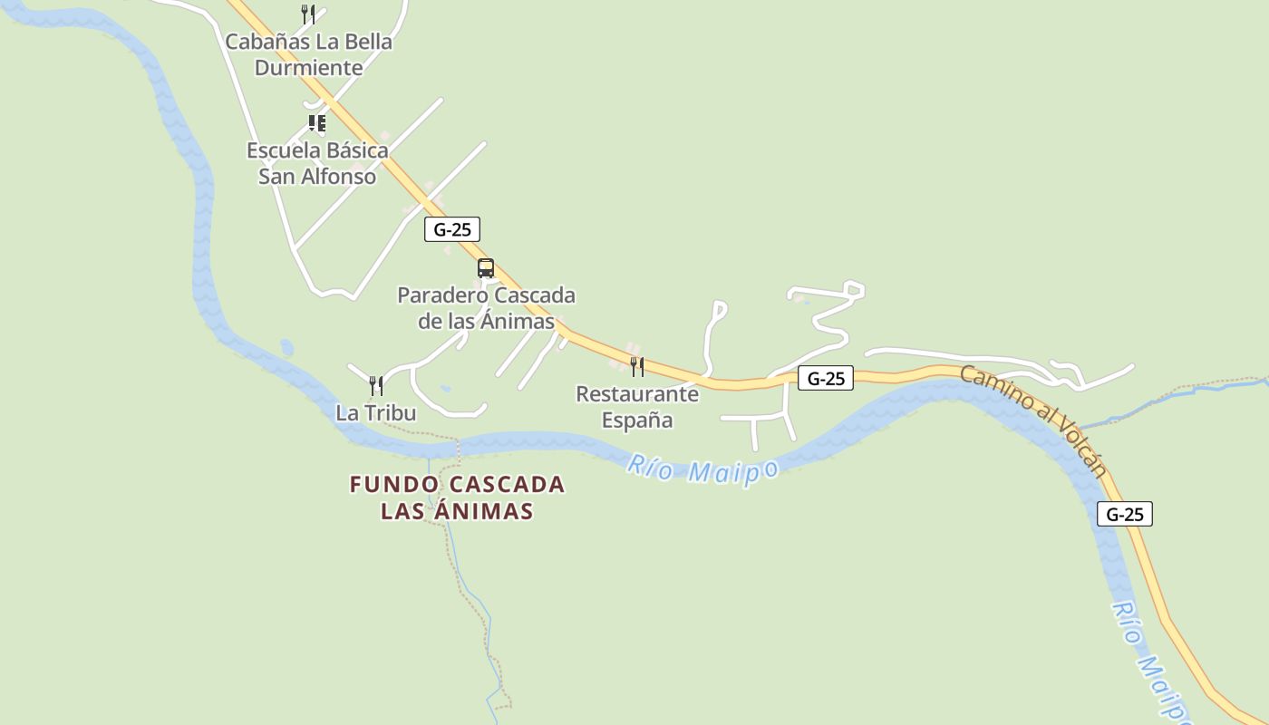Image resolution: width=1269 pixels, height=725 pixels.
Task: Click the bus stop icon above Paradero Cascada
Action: tap(486, 268)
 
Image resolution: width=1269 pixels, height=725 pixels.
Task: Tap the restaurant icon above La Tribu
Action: tap(376, 386)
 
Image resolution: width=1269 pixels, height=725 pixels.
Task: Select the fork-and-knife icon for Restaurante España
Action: tap(637, 367)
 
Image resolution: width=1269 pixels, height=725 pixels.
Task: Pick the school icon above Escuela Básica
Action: tap(316, 122)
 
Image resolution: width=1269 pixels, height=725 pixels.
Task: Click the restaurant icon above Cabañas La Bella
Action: tap(308, 14)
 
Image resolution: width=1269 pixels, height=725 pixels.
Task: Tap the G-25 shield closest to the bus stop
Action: tap(452, 229)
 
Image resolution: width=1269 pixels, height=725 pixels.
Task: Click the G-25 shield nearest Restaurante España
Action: tap(826, 378)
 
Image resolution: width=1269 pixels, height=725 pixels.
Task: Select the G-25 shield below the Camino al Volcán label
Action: tap(1125, 514)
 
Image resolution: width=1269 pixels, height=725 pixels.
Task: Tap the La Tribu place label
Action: tap(375, 413)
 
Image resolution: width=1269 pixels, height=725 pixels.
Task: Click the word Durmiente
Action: tap(308, 68)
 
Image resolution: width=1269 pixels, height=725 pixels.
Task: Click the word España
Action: tap(637, 420)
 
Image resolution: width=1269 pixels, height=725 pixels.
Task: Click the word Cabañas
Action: tap(266, 42)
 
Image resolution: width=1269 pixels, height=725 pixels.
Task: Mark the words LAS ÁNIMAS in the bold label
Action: tap(457, 511)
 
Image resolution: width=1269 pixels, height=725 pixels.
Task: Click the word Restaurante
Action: tap(637, 394)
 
